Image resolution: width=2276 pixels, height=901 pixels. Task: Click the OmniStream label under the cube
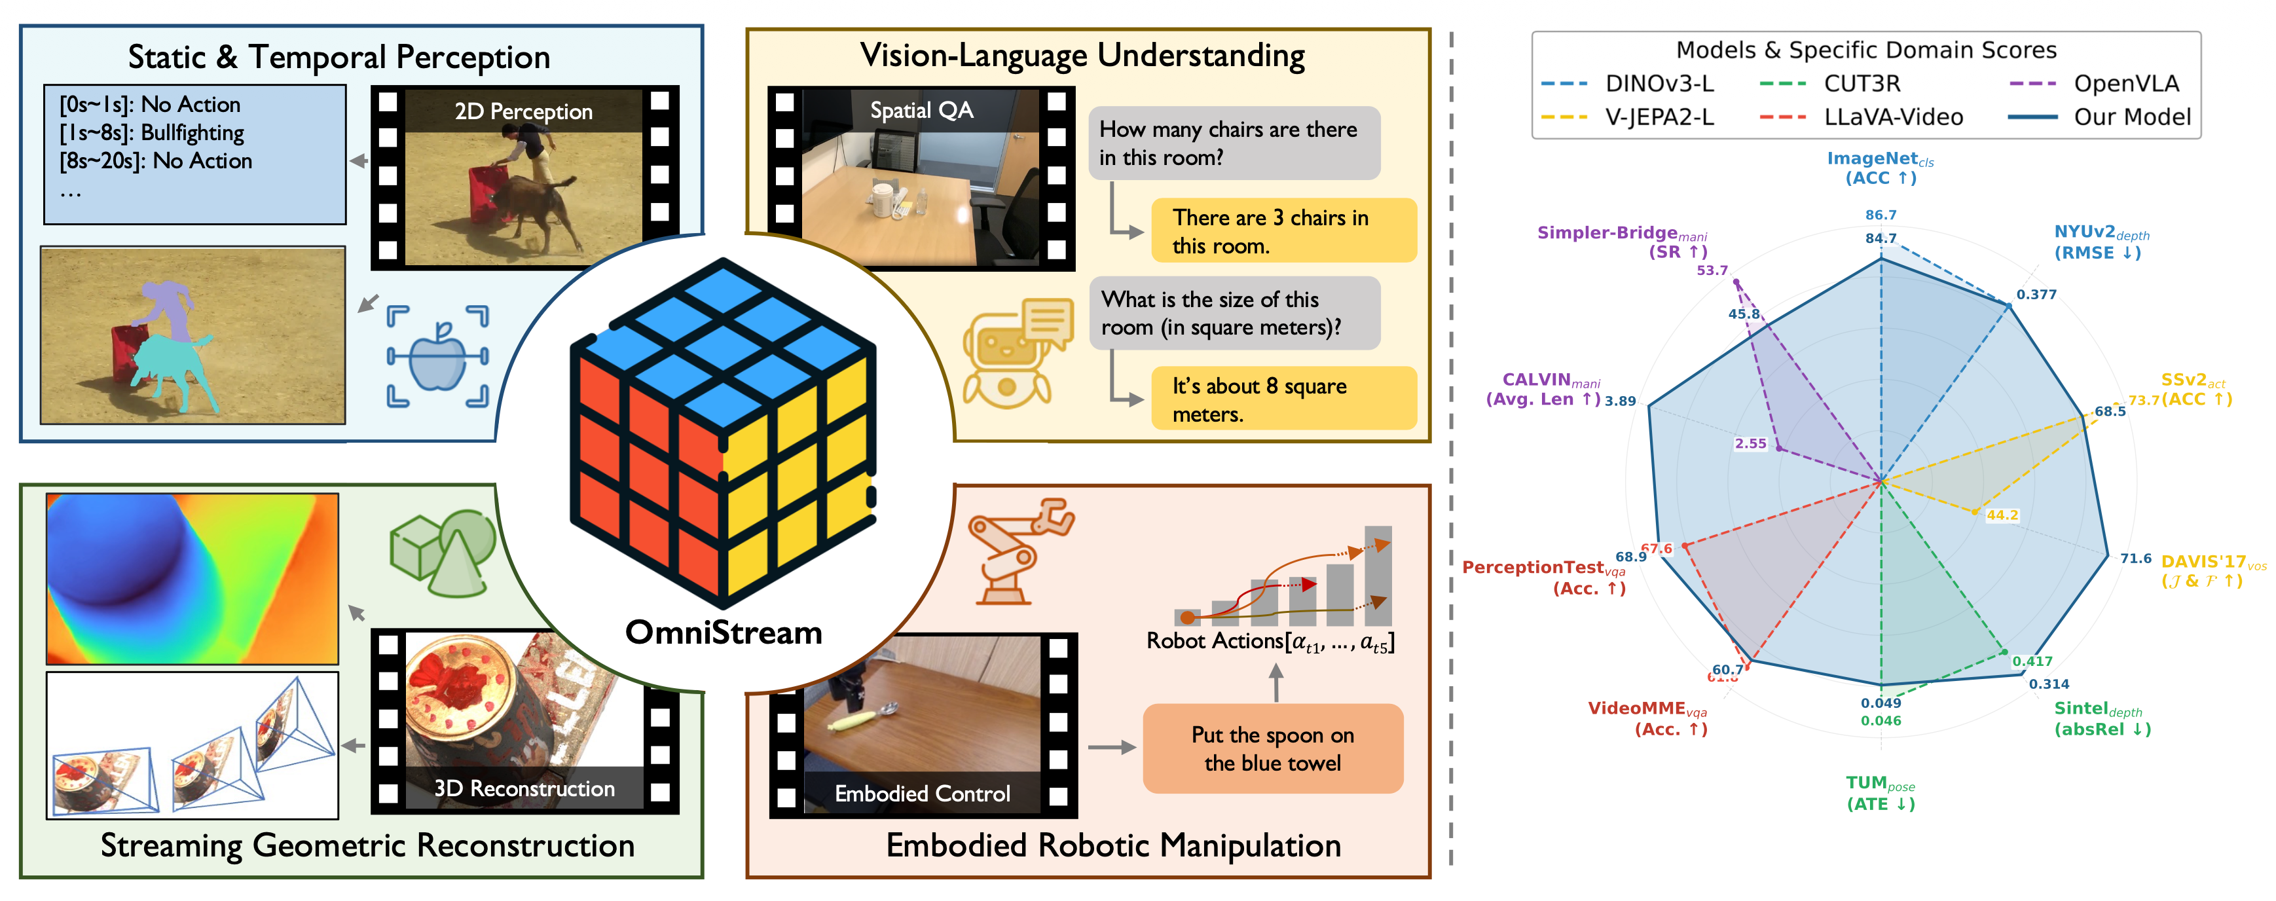coord(724,633)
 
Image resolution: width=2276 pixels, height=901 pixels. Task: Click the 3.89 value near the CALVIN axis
coord(1621,401)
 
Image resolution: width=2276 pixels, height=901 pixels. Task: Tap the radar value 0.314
coord(2049,684)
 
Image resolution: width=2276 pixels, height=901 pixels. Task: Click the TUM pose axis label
coord(1880,793)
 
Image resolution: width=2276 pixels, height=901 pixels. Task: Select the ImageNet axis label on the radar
coord(1880,168)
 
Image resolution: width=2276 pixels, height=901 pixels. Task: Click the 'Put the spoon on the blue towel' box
coord(1272,748)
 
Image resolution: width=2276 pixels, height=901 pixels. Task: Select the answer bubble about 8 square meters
coord(1283,399)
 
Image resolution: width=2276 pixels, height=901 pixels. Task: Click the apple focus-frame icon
coord(437,357)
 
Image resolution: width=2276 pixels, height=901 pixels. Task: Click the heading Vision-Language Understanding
coord(1082,56)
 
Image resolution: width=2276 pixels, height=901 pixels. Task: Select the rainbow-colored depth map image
coord(193,579)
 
